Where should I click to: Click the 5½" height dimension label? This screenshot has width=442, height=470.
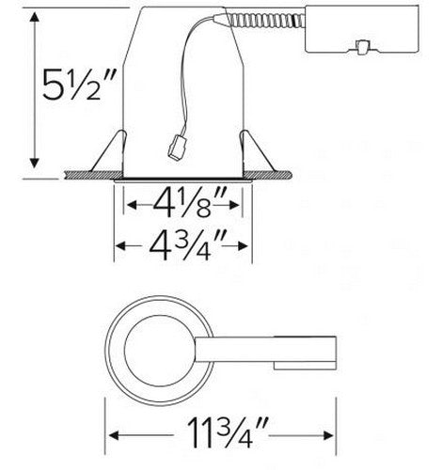coord(79,85)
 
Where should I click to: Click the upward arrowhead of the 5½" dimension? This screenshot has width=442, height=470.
coord(34,17)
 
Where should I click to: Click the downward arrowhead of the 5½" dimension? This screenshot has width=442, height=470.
coord(34,163)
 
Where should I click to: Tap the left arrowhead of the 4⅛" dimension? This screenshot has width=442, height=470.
coord(132,205)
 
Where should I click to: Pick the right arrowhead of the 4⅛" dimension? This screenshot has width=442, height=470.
coord(234,205)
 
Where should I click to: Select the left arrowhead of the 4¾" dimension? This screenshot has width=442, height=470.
coord(120,245)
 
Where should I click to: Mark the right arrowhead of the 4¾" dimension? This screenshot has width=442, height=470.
coord(244,245)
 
